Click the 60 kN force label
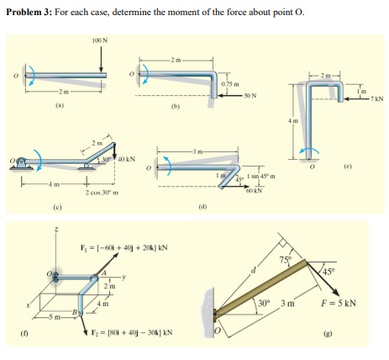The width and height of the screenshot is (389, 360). tap(250, 193)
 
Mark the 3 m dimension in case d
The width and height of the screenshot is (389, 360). tap(200, 151)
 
